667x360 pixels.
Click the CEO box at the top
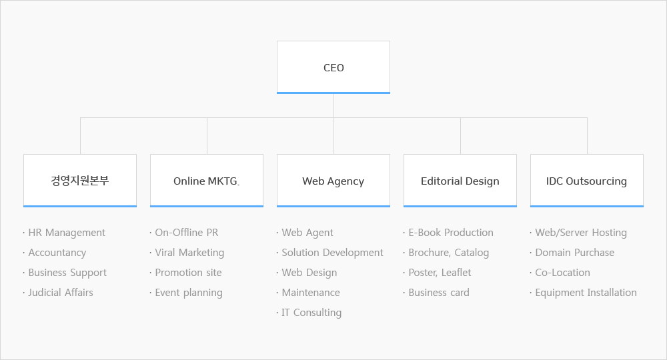click(333, 67)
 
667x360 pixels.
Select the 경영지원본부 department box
click(80, 181)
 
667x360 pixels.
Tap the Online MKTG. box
click(207, 181)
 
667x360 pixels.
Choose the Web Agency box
click(333, 181)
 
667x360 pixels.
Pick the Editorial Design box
click(460, 181)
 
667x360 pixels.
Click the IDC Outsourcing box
click(587, 181)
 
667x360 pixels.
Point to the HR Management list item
click(67, 233)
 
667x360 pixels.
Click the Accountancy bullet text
click(57, 253)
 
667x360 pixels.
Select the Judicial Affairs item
click(61, 293)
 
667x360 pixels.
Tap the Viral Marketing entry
click(189, 253)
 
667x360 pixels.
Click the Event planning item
click(189, 293)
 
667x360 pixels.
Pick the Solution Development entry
click(332, 253)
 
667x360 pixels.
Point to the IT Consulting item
click(311, 313)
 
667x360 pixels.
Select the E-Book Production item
click(451, 233)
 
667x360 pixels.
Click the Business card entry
click(439, 293)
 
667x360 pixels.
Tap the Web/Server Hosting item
click(581, 233)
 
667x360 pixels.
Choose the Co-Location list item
click(562, 273)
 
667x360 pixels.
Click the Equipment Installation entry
click(586, 293)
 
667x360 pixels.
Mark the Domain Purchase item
click(575, 253)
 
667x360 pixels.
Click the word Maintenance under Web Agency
click(311, 293)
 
